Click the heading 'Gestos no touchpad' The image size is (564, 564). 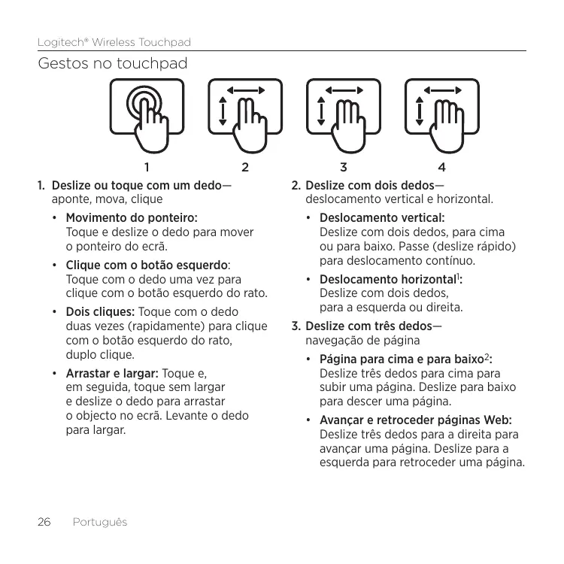[x=113, y=65]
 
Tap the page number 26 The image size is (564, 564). [x=44, y=522]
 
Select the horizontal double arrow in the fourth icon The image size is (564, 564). [x=444, y=89]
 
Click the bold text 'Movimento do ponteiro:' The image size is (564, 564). [x=132, y=218]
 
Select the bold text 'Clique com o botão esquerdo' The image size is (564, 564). [x=147, y=265]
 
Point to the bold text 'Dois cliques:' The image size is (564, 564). [x=101, y=312]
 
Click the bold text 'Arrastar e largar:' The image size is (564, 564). [x=112, y=373]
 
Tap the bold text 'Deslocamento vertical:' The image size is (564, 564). [x=383, y=218]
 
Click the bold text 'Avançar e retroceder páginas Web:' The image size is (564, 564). [x=416, y=420]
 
